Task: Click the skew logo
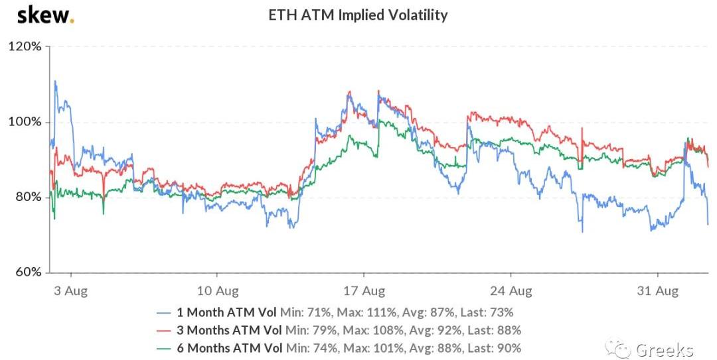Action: tap(45, 15)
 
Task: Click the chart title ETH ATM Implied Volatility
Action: tap(358, 15)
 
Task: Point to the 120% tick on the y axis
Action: tap(25, 47)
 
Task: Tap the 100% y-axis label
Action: tap(25, 122)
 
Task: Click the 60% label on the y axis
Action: tap(27, 272)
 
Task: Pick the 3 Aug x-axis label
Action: tap(71, 290)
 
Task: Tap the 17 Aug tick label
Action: tap(364, 290)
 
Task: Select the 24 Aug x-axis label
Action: tap(511, 290)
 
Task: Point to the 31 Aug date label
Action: tap(657, 290)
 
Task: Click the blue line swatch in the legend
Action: tap(165, 312)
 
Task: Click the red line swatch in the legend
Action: tap(165, 330)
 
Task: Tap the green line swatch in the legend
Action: tap(165, 348)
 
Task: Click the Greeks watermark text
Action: tap(664, 349)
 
